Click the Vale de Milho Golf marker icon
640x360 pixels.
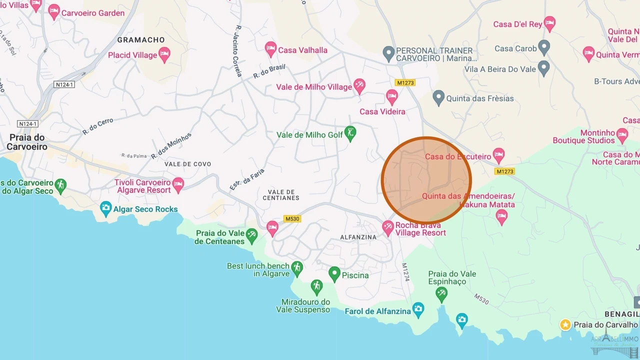coord(350,133)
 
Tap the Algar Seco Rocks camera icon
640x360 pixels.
coord(105,208)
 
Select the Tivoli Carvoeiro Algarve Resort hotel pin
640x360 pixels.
coord(177,184)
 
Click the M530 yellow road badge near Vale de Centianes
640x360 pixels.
coord(292,218)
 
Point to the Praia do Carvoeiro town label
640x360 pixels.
coord(27,142)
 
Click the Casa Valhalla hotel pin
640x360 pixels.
coord(270,49)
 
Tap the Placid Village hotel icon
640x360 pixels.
coord(164,54)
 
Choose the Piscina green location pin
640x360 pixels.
coord(334,273)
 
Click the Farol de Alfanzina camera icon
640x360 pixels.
coord(418,309)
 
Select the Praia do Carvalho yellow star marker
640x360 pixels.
coord(565,325)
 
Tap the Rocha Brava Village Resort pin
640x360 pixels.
coord(388,228)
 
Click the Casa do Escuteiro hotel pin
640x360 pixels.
coord(498,155)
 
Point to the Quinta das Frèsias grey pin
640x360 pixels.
coord(438,97)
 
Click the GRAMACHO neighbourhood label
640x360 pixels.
coord(140,39)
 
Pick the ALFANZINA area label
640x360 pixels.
coord(358,237)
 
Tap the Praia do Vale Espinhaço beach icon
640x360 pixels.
coord(441,294)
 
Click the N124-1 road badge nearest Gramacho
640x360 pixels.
coord(64,84)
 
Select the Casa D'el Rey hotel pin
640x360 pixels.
coord(549,23)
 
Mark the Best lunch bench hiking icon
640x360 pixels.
coord(297,268)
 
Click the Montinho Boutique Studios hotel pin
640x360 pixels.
coord(622,134)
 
